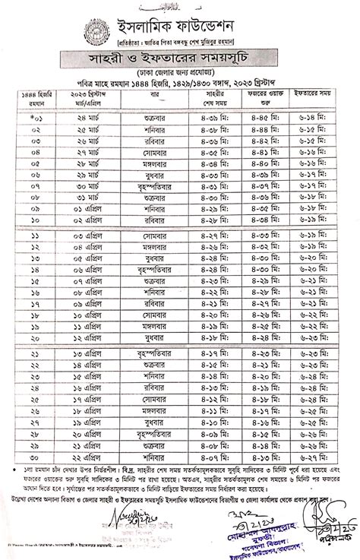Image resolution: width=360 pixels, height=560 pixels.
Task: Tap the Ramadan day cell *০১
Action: (35, 141)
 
